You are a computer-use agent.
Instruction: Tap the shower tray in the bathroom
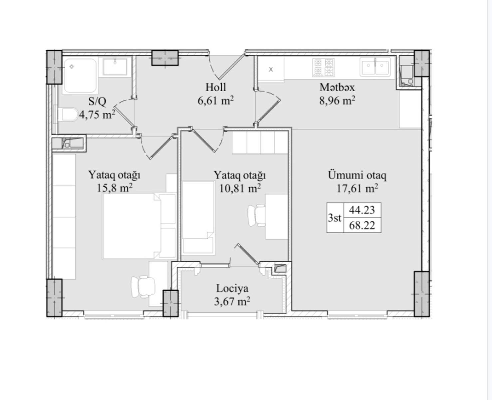point(80,76)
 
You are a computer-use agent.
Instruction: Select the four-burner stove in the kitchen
point(323,68)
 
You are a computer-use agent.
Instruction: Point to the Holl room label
point(216,87)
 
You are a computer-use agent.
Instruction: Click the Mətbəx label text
point(337,87)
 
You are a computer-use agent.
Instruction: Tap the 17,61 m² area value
point(357,188)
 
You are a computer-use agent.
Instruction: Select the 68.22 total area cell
point(362,225)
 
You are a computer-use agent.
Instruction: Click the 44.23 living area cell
point(362,210)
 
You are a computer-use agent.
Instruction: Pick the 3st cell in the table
point(335,218)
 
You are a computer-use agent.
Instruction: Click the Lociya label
point(232,289)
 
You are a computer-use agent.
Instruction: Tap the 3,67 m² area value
point(232,302)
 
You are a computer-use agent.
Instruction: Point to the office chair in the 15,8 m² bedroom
point(143,286)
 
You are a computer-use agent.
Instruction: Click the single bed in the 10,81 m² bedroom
point(198,218)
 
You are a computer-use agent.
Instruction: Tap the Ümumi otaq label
point(357,175)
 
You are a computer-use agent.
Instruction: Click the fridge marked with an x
point(271,69)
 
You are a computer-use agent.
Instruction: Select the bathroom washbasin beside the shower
point(115,66)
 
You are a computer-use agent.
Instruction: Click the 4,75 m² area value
point(97,114)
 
